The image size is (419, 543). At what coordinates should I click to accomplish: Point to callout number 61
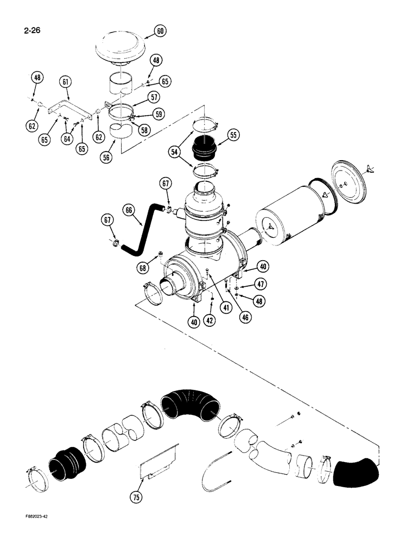click(x=66, y=83)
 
